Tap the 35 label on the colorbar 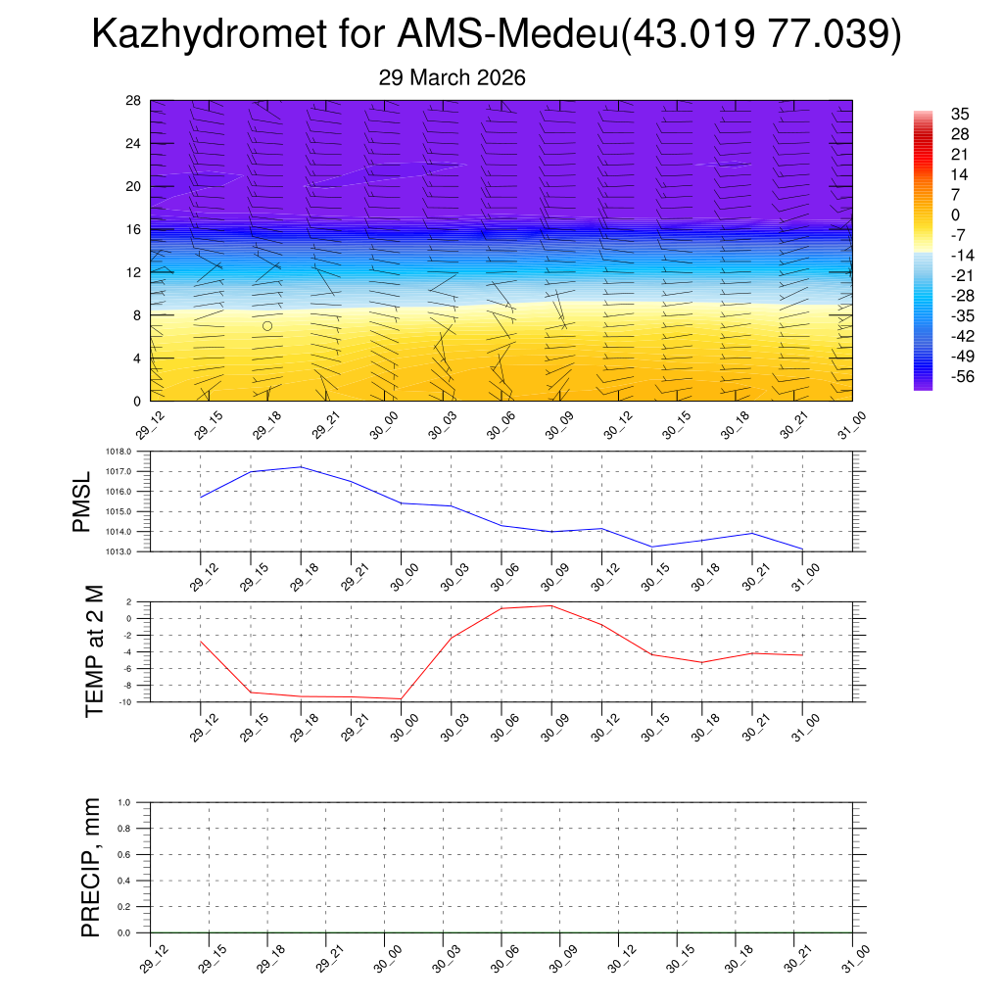(x=960, y=115)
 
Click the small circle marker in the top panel (x=267, y=326)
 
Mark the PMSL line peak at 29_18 (x=301, y=466)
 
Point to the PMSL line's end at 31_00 (x=802, y=549)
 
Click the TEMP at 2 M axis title (x=94, y=651)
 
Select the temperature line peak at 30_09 (x=551, y=605)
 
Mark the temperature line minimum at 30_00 (x=401, y=698)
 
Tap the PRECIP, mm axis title (x=91, y=867)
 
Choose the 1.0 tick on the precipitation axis (x=138, y=802)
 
